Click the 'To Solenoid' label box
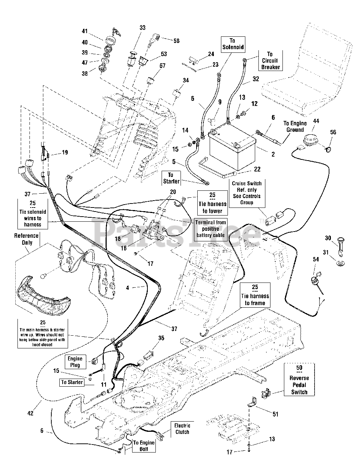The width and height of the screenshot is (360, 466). point(232,44)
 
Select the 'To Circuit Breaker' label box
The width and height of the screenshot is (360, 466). point(270,60)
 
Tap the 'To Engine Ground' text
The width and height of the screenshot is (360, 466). point(295,127)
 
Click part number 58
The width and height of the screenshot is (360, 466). point(176,41)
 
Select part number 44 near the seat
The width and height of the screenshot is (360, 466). point(316,121)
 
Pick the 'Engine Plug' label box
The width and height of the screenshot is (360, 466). point(75,362)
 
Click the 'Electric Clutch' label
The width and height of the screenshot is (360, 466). point(182,429)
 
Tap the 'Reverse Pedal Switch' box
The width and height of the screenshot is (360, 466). point(299,379)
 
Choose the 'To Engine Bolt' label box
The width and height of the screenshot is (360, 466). point(143,446)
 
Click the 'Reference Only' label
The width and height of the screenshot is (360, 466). point(26,239)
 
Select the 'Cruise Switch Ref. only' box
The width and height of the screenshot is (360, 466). point(246,193)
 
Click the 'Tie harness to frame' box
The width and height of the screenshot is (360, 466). point(255,295)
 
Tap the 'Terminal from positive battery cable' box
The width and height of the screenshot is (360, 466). point(210,229)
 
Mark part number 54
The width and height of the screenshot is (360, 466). point(315,259)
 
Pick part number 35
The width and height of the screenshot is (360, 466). point(161,338)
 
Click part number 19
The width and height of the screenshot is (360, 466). point(65,153)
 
